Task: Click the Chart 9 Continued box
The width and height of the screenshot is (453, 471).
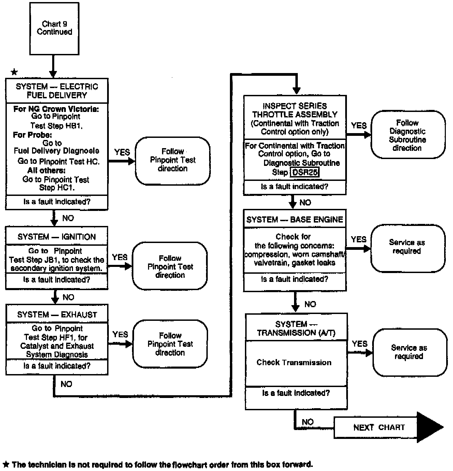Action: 54,28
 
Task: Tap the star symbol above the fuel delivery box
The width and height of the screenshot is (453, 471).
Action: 14,72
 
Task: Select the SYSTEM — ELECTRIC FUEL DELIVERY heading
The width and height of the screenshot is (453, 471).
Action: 57,91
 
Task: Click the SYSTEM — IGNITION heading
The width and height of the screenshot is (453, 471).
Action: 57,237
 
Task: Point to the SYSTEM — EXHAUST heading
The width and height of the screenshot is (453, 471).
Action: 57,314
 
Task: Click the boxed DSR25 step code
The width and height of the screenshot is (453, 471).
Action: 305,172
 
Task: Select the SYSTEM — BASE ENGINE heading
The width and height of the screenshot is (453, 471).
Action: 295,219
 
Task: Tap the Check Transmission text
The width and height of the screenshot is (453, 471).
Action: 294,362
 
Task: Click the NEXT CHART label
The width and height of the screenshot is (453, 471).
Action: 379,427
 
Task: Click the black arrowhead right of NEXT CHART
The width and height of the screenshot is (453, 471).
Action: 429,427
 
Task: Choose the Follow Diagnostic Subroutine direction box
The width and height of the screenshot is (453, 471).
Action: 408,135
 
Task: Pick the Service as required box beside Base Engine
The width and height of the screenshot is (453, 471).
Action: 407,247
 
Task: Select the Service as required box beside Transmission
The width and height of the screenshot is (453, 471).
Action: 409,352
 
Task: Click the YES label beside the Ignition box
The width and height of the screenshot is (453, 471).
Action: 120,257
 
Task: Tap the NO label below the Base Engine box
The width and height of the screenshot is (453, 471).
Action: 310,304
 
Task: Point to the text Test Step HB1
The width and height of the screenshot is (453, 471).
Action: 57,126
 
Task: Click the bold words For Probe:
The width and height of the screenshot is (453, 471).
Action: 32,134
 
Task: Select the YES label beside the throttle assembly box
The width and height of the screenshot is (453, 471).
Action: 359,125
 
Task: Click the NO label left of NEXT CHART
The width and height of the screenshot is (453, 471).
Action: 307,422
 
